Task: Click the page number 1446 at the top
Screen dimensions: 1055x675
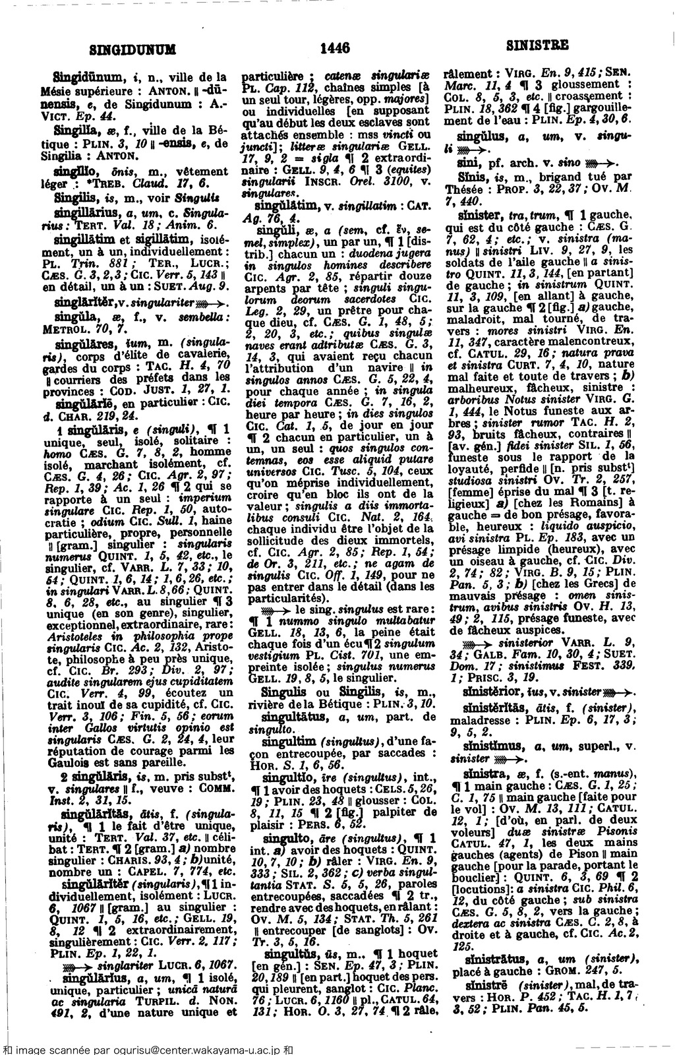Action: tap(334, 47)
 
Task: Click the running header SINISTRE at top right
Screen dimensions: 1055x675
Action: tap(537, 46)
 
